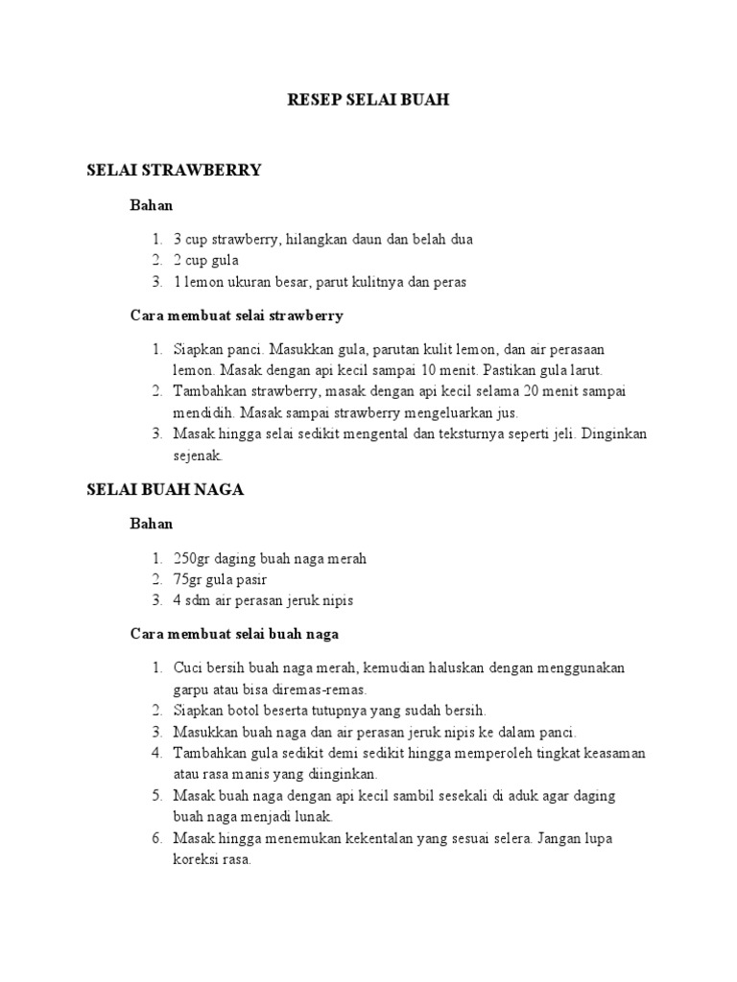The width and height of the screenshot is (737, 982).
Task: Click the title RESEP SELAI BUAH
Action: (368, 100)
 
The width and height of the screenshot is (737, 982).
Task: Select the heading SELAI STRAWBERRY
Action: (174, 171)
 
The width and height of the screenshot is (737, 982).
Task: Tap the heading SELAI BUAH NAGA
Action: (165, 489)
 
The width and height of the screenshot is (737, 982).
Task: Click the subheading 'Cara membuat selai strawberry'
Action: (236, 315)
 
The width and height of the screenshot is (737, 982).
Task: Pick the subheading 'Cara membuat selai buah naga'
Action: (234, 634)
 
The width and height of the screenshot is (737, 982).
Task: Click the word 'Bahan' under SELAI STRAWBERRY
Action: (152, 204)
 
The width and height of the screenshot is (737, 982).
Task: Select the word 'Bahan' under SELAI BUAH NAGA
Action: (152, 524)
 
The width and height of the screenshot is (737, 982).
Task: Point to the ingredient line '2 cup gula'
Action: (205, 260)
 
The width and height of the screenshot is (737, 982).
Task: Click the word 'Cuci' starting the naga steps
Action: (187, 667)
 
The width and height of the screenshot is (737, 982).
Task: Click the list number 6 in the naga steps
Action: (157, 838)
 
